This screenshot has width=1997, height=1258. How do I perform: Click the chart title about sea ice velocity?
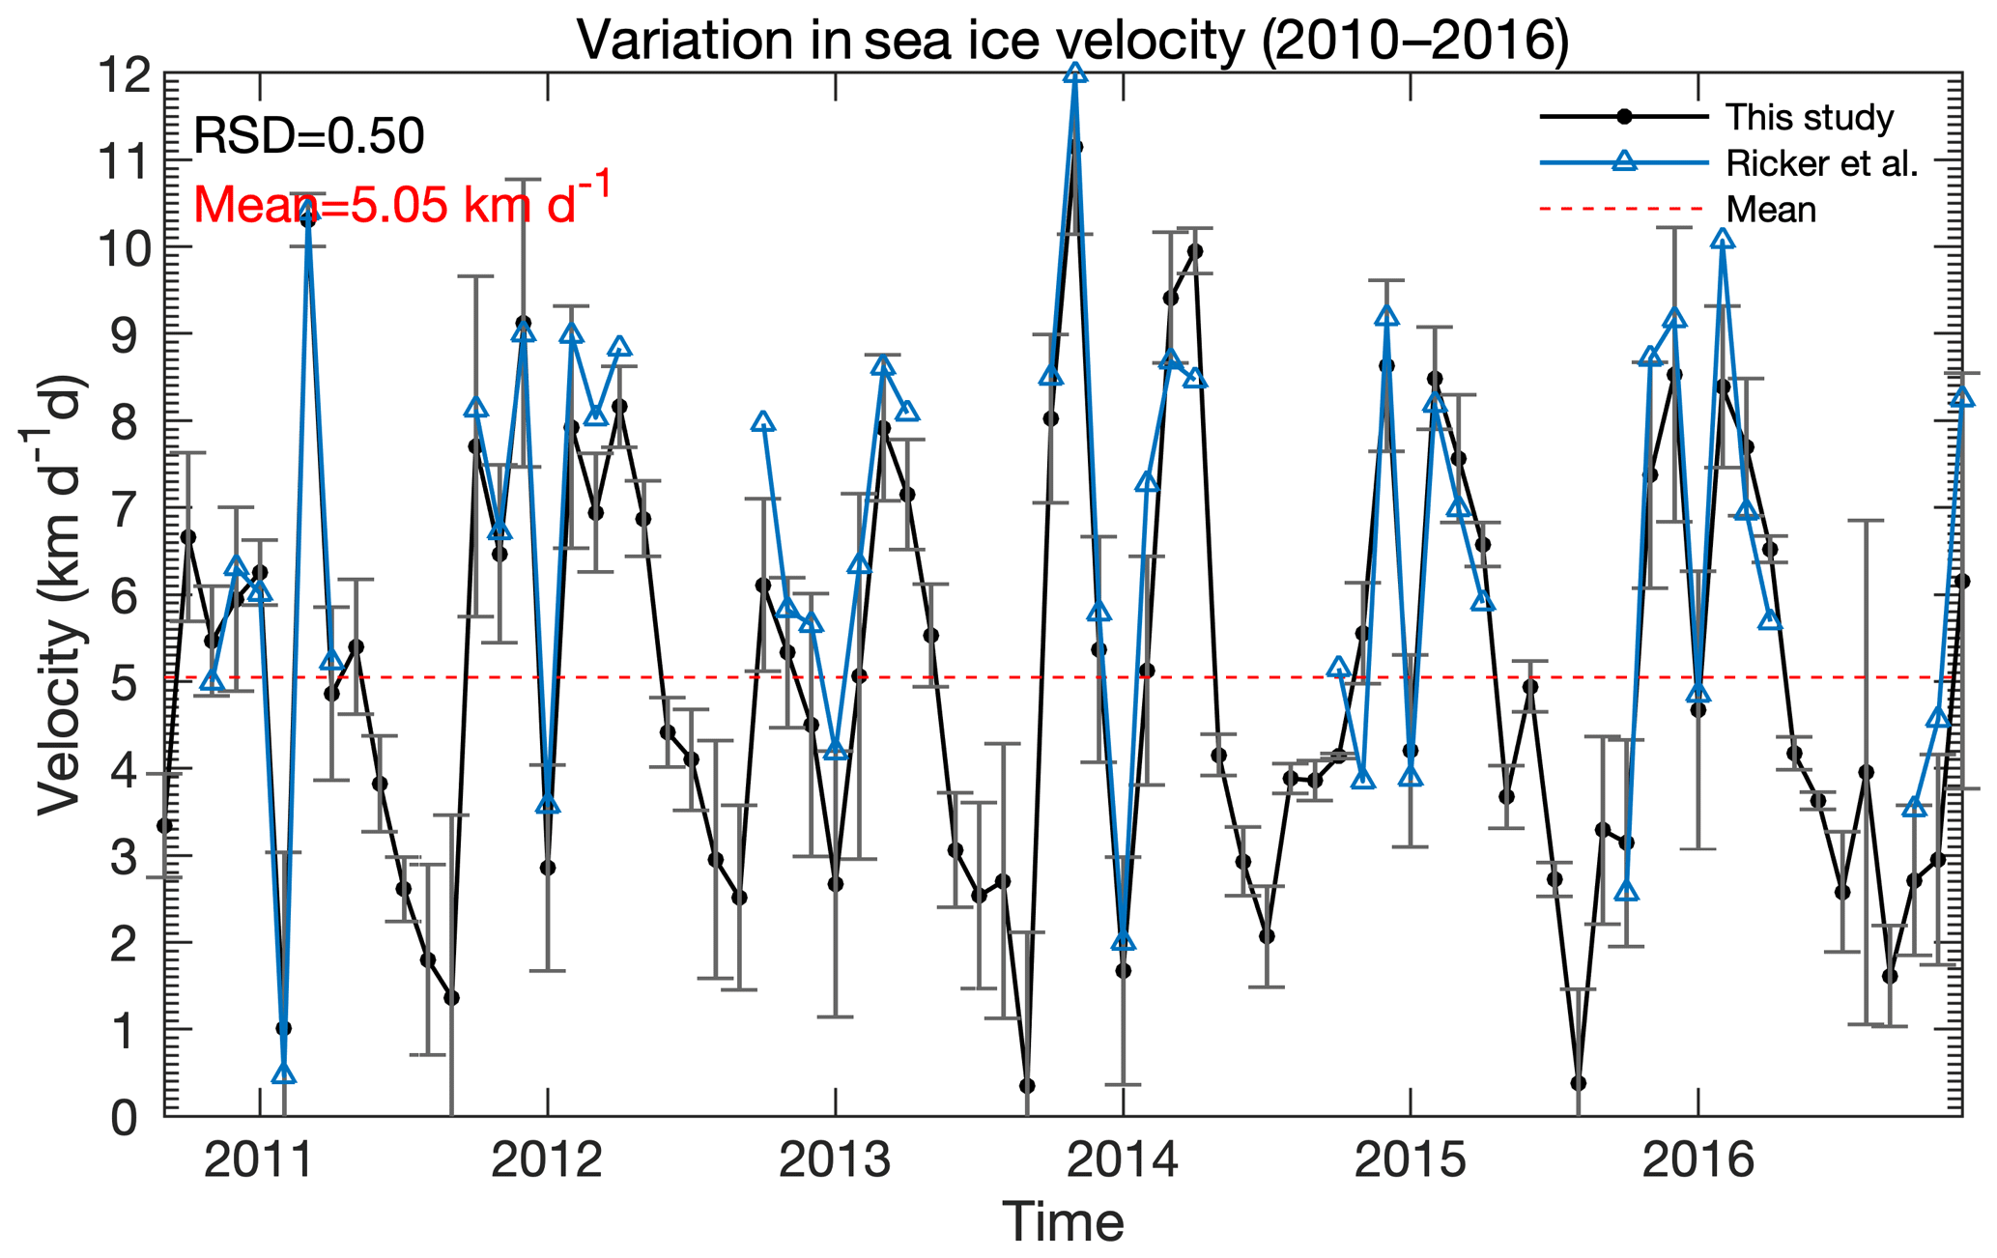(x=1072, y=41)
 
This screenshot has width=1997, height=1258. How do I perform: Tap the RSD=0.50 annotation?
(x=308, y=136)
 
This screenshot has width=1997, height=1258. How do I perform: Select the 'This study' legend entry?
(x=1809, y=118)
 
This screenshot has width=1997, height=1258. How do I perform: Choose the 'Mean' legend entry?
(x=1771, y=210)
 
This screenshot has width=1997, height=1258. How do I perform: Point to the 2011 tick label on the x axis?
(x=259, y=1160)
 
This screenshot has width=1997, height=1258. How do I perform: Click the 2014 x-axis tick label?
(x=1123, y=1160)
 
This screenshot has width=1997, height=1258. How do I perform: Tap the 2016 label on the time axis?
(x=1697, y=1160)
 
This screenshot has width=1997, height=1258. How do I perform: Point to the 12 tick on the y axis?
(x=126, y=74)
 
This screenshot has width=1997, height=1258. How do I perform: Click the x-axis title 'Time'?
(x=1063, y=1222)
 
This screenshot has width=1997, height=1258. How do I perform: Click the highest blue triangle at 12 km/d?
(x=1074, y=73)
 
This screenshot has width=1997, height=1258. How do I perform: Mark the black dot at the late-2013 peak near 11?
(x=1075, y=147)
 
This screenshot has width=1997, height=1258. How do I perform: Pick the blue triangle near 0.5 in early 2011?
(x=283, y=1073)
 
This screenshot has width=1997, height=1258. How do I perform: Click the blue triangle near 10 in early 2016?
(x=1722, y=240)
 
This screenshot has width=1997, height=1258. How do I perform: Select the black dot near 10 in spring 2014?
(x=1195, y=251)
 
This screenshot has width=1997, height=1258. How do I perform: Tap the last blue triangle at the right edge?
(x=1961, y=398)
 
